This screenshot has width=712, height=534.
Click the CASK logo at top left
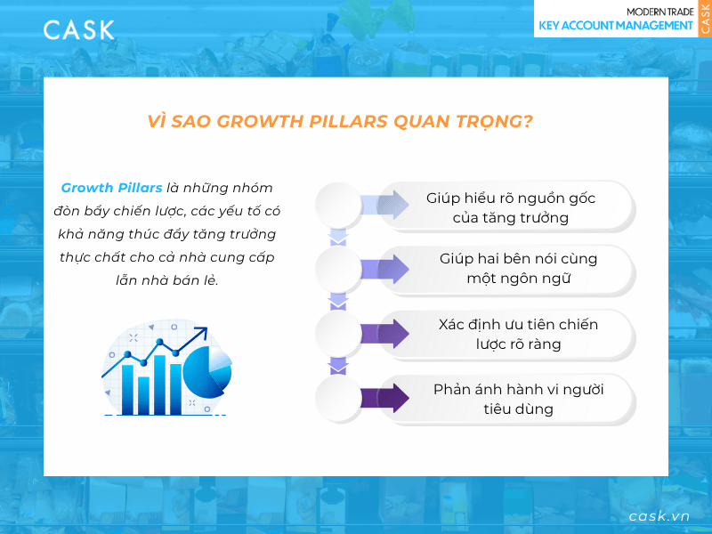point(78,29)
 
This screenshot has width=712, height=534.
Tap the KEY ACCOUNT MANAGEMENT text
point(616,26)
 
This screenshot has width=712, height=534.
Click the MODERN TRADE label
point(659,11)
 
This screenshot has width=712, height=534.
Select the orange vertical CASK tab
point(704,19)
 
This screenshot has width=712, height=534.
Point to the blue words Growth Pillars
point(111,188)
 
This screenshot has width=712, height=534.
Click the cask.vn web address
point(659,516)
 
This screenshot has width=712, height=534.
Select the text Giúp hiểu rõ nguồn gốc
point(510,198)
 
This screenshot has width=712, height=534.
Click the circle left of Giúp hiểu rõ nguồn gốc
point(338,204)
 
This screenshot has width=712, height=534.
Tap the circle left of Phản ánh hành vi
point(338,399)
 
